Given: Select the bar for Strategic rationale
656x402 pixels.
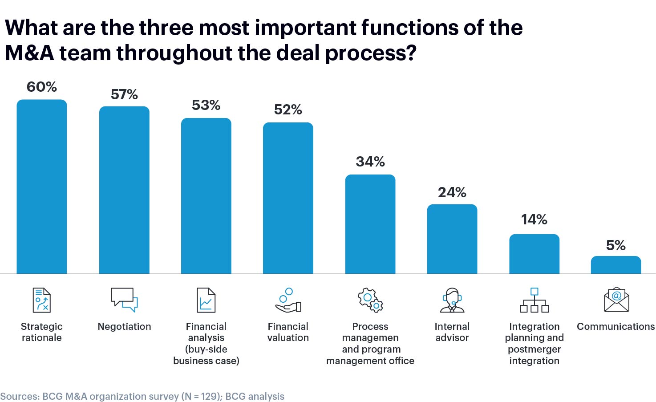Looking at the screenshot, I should [x=42, y=187].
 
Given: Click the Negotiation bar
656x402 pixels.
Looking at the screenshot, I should [x=124, y=190].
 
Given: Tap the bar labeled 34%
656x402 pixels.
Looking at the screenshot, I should [x=370, y=224].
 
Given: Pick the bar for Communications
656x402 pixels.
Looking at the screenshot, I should [x=616, y=265].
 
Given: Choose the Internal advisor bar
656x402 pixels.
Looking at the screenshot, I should [x=452, y=239].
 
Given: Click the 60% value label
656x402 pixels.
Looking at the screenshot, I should [x=42, y=87].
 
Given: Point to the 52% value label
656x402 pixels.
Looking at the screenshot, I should [x=288, y=110].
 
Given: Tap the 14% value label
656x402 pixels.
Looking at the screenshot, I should [x=534, y=219].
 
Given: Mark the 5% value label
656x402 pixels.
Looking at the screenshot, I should [x=616, y=245].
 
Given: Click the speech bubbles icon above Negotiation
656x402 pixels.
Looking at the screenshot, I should [x=124, y=300].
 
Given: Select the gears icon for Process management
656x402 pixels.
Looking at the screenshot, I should [x=370, y=300].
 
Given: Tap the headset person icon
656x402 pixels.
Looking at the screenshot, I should [x=452, y=300].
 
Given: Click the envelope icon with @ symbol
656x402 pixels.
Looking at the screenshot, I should [x=616, y=300].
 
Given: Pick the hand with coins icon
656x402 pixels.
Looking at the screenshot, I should [x=288, y=300].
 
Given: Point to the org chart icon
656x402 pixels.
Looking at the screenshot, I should [x=534, y=300].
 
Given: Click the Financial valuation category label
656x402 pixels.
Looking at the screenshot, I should [x=288, y=332].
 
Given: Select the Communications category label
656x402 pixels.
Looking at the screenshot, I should [x=616, y=326].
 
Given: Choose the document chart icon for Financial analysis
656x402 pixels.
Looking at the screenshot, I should [x=206, y=300].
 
